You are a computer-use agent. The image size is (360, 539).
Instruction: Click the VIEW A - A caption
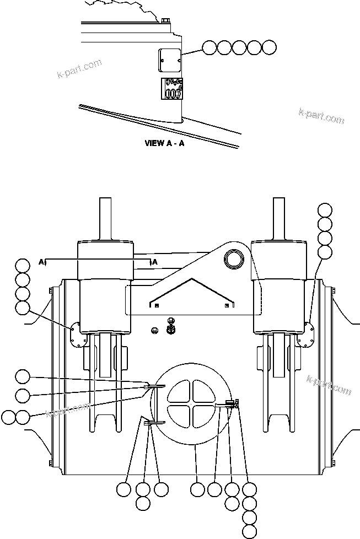(x=164, y=143)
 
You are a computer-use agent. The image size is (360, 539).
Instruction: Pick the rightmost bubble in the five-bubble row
(x=268, y=47)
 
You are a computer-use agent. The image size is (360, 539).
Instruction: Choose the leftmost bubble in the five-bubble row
(x=209, y=47)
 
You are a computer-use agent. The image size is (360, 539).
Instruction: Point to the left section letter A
(x=41, y=262)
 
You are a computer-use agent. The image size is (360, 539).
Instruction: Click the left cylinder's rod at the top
(x=105, y=218)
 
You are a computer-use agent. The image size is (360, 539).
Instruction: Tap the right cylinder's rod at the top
(x=280, y=218)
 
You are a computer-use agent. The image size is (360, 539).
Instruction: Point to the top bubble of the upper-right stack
(x=325, y=211)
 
